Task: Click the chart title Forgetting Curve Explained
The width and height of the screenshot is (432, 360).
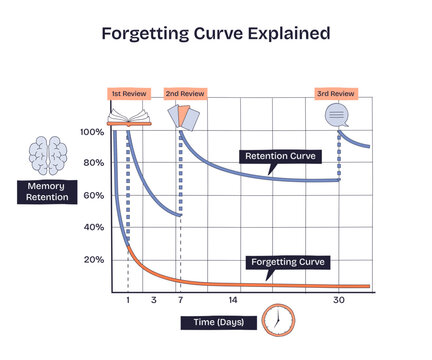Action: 215,33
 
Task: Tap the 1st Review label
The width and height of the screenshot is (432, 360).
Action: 128,93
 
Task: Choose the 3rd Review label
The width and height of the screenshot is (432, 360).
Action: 335,93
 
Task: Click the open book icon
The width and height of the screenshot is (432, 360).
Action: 128,116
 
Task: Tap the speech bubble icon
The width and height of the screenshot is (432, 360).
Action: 337,116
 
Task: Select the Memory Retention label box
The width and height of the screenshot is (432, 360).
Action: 47,191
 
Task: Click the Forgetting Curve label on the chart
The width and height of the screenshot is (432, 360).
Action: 288,262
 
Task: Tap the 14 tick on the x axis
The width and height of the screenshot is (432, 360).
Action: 233,300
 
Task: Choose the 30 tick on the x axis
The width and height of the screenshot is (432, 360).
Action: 338,300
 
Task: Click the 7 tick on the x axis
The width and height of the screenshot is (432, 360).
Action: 180,300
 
